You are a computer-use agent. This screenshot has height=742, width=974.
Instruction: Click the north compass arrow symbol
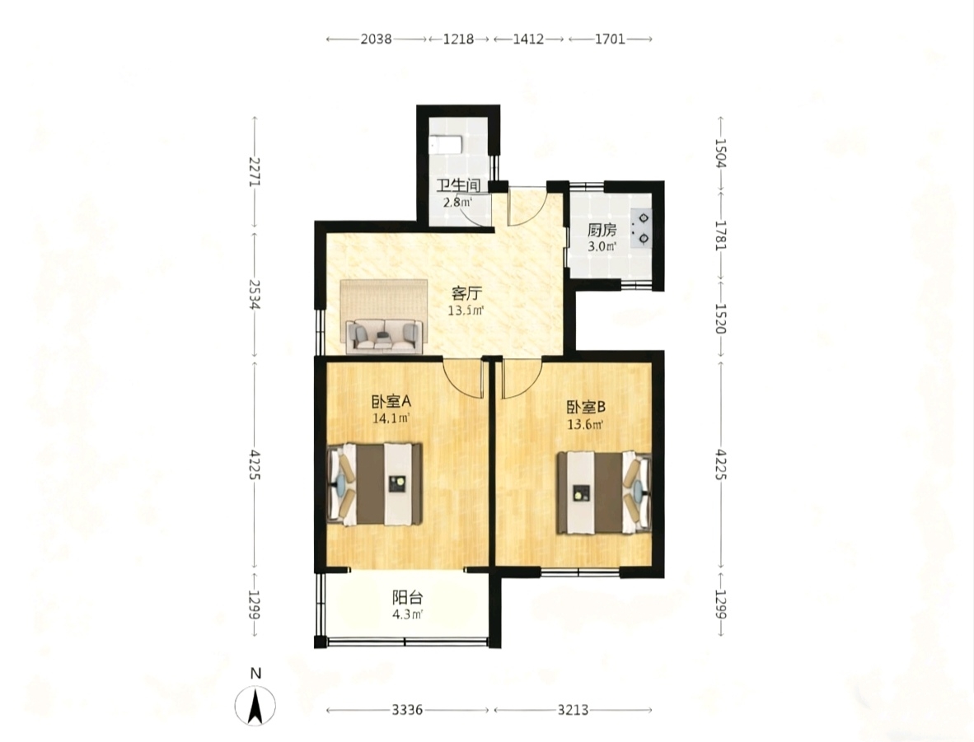pyautogui.click(x=255, y=707)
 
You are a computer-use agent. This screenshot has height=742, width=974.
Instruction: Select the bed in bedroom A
pyautogui.click(x=375, y=483)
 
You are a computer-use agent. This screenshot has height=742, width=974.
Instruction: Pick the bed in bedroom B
pyautogui.click(x=604, y=493)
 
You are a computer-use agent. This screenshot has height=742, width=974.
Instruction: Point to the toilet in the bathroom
pyautogui.click(x=446, y=145)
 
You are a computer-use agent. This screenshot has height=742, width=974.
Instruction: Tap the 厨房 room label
pyautogui.click(x=602, y=231)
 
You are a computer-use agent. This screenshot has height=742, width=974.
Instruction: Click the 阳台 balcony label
pyautogui.click(x=408, y=598)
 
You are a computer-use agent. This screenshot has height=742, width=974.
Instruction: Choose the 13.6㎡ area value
pyautogui.click(x=585, y=425)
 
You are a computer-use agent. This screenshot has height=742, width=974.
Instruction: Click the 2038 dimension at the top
pyautogui.click(x=377, y=39)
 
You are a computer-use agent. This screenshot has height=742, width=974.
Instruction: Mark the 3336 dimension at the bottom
pyautogui.click(x=408, y=709)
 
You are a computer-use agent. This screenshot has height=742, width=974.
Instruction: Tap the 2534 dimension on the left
pyautogui.click(x=254, y=295)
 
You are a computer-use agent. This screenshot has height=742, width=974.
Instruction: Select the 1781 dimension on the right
pyautogui.click(x=720, y=235)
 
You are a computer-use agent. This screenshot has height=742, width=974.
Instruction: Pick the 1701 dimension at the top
pyautogui.click(x=610, y=39)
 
